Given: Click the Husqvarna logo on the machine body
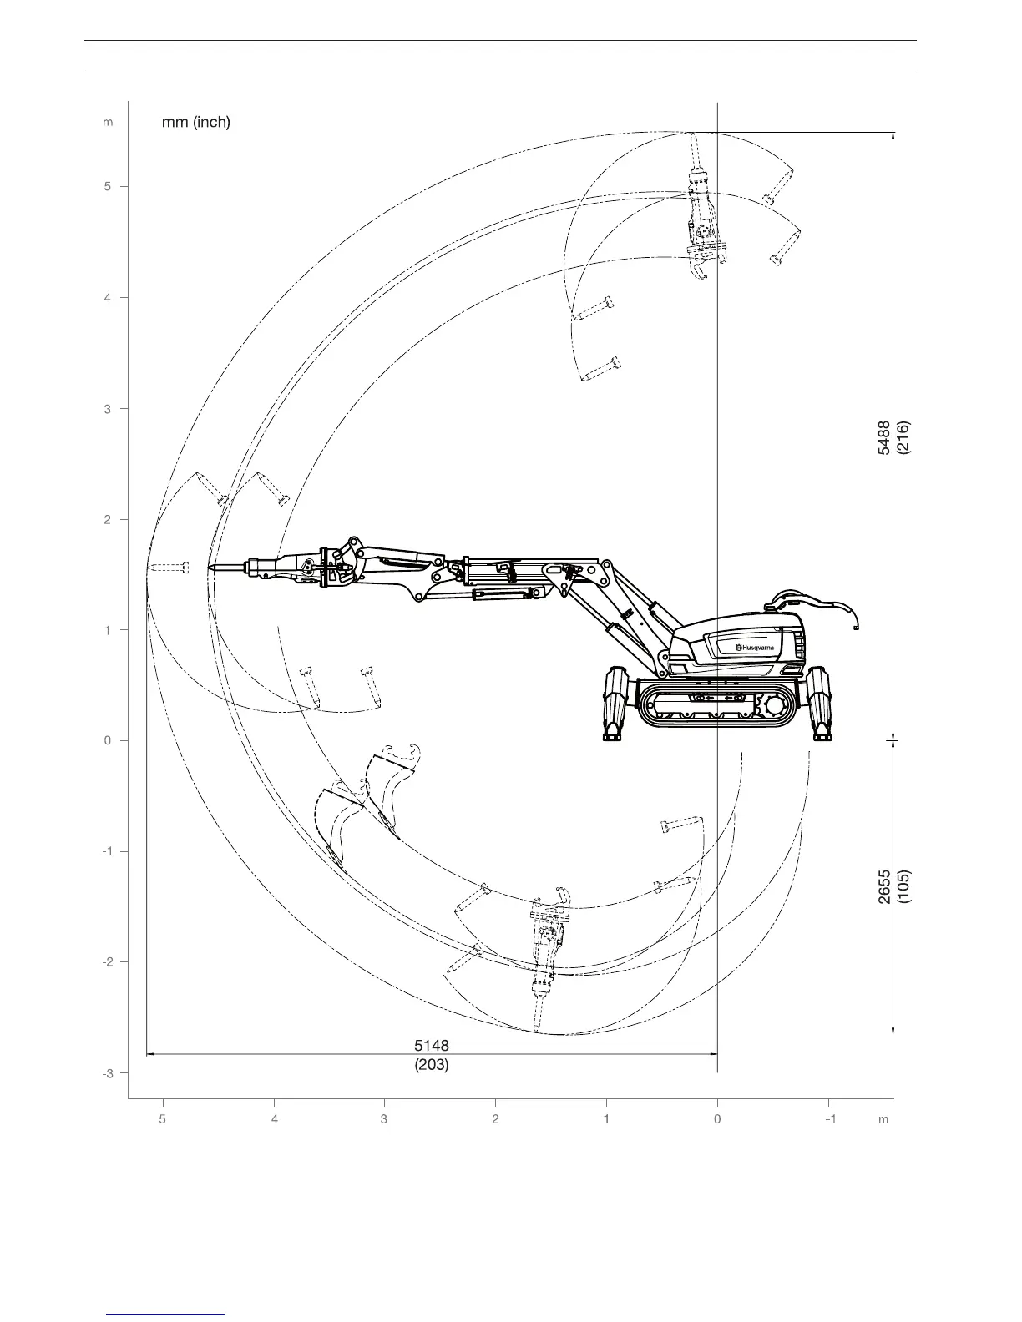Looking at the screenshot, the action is coord(755,647).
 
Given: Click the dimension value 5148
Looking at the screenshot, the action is coord(432,1046).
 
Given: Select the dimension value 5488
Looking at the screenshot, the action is coord(884,437).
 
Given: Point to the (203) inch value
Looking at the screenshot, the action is coord(432,1065).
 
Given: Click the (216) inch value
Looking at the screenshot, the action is coord(903,437).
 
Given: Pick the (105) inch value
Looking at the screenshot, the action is coord(904,886).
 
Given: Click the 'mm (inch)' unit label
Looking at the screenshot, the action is coord(195,122).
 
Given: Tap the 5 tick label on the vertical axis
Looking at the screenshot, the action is coord(108,187).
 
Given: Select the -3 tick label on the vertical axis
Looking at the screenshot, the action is coord(107,1073).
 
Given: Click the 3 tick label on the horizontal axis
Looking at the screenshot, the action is coord(384,1119).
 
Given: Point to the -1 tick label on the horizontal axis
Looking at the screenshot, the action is coord(829,1119).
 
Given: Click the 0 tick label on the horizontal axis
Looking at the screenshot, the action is coord(717,1119).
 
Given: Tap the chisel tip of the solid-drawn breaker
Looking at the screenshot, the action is coord(211,568).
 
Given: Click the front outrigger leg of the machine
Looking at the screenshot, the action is coord(617,703).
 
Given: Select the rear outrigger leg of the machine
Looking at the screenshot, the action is coord(820,703).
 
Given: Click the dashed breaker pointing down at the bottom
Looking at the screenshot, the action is coord(545,960).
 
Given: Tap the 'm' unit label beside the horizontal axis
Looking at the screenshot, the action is coord(883,1119).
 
